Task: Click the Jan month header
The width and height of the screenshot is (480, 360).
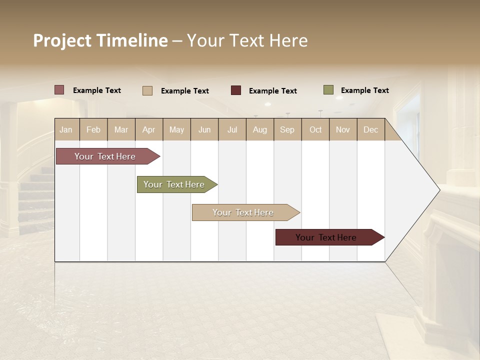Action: [66, 129]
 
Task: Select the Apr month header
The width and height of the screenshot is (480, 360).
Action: [148, 129]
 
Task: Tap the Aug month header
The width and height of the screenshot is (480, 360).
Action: [259, 129]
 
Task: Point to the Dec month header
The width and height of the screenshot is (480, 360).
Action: [370, 129]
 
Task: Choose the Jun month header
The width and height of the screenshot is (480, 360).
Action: [204, 129]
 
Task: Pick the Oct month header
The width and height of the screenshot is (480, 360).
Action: [315, 129]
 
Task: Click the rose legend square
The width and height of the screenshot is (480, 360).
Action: [59, 90]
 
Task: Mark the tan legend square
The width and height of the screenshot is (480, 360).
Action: [147, 90]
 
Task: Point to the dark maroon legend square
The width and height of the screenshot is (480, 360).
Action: [236, 90]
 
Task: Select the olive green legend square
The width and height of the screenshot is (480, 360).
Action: [328, 90]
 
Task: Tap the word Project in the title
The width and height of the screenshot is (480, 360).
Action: [62, 40]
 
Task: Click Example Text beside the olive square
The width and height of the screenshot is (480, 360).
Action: [364, 90]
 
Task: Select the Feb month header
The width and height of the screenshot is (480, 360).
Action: [93, 129]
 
